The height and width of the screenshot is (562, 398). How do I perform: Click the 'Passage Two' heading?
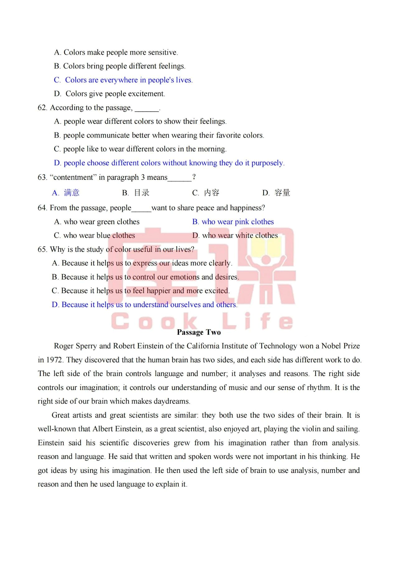[199, 332]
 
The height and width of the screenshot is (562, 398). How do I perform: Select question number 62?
[42, 108]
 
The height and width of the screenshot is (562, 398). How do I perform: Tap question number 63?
[42, 177]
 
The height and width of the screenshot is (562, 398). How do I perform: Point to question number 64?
[42, 208]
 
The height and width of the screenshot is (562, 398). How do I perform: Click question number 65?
[42, 249]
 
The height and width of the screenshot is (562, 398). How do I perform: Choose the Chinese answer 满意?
[72, 193]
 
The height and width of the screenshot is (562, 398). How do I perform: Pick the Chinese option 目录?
[142, 193]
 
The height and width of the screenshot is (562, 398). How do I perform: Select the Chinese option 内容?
[212, 193]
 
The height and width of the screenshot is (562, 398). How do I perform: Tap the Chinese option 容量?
[282, 193]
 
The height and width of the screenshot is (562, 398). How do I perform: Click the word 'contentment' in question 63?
[73, 177]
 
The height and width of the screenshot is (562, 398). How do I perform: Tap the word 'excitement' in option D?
[146, 94]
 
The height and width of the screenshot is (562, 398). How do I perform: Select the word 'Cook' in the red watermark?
[154, 321]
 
